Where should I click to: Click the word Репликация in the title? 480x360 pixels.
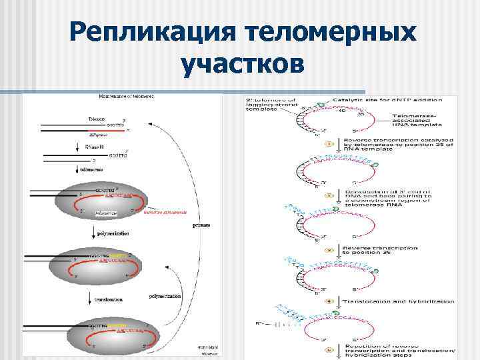point(155,31)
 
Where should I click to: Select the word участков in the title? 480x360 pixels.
point(242,65)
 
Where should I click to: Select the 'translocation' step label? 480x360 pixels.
point(103,299)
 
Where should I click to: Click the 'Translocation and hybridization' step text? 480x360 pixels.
point(399,301)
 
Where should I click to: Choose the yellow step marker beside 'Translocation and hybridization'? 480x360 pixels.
point(329,301)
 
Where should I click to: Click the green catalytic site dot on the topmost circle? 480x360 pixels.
point(319,104)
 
